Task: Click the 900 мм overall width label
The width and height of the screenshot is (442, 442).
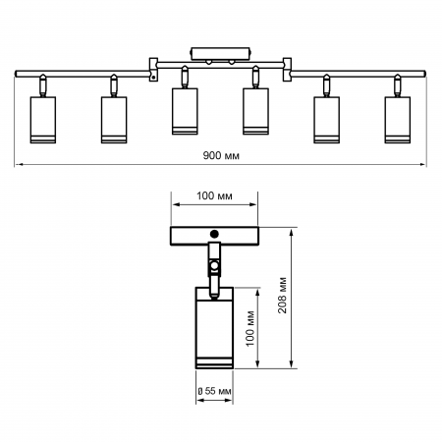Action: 220,156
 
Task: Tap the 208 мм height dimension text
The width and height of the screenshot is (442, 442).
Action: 282,298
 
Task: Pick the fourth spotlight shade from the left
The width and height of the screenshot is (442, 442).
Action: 254,110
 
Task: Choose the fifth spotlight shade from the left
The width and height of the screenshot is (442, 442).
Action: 327,119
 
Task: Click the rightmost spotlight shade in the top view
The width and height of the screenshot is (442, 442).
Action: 398,119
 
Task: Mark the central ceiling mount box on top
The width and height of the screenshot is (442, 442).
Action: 220,53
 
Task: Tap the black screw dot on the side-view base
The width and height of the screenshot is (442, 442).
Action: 213,234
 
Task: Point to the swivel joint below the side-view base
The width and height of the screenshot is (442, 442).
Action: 213,263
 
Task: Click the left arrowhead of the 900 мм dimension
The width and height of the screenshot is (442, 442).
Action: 18,164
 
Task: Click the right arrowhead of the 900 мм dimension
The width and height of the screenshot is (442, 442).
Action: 425,164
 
